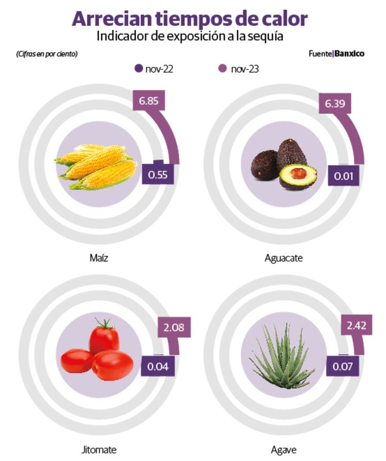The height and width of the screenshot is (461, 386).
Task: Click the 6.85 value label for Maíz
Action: click(149, 101)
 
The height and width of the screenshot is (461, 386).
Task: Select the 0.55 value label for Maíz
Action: click(157, 175)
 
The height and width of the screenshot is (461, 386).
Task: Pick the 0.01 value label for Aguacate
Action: click(344, 176)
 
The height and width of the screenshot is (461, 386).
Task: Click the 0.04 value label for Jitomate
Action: click(157, 366)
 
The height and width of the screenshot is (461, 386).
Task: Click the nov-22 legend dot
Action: click(138, 68)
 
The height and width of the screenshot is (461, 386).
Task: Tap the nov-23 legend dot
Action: click(223, 68)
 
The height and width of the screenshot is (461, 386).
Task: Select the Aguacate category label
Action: click(284, 258)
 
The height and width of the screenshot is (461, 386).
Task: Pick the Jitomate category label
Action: click(99, 450)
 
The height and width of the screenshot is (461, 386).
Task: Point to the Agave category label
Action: click(284, 450)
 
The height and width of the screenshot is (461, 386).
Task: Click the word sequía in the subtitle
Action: click(266, 37)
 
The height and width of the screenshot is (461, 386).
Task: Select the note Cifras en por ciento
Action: click(47, 54)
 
